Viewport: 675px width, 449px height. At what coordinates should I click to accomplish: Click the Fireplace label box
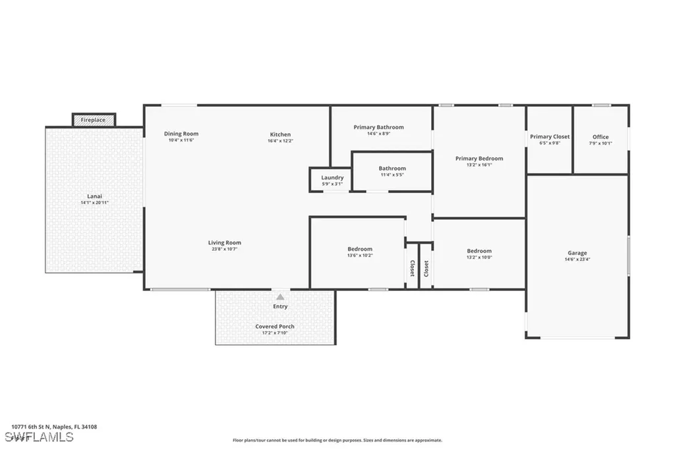[94, 120]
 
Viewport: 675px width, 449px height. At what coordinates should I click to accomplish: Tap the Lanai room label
[95, 196]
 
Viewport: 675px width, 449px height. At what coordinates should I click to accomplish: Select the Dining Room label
[181, 134]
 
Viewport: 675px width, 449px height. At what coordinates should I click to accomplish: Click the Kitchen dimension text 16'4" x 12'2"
[279, 141]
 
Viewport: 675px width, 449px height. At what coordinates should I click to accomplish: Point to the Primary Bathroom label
[378, 127]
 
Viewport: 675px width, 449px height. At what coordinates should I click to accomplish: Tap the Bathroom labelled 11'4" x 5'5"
[392, 171]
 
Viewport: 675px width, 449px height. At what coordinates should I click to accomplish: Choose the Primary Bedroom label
[479, 159]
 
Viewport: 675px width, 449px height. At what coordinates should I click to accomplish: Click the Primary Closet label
[550, 137]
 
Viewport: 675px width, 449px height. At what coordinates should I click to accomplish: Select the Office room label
[601, 137]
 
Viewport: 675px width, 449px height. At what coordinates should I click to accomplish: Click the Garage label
[577, 253]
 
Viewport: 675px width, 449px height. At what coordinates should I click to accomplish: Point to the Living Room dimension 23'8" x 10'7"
[224, 250]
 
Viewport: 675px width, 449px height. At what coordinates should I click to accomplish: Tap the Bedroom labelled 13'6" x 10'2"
[360, 252]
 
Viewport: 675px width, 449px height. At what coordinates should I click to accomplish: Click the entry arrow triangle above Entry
[280, 296]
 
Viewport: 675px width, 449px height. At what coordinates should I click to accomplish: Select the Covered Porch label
[275, 327]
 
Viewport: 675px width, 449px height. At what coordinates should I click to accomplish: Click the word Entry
[280, 307]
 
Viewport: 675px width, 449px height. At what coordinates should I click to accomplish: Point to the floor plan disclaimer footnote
[337, 440]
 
